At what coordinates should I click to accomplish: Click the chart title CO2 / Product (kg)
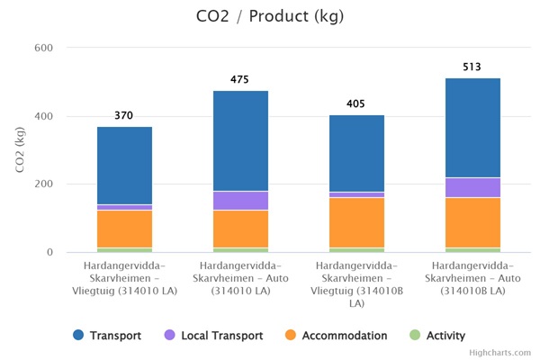click(x=269, y=17)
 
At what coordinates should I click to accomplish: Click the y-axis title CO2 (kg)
click(x=20, y=150)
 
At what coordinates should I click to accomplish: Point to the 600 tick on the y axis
click(x=42, y=48)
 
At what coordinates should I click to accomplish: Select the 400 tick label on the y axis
click(x=42, y=116)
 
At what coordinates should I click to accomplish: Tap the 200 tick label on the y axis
click(x=42, y=184)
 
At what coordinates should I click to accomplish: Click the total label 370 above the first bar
click(x=124, y=116)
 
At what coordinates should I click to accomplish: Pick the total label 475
click(x=240, y=80)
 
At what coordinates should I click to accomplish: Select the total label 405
click(x=356, y=104)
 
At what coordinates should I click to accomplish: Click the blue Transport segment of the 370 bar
click(x=124, y=166)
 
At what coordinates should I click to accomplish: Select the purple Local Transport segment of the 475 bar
click(x=240, y=201)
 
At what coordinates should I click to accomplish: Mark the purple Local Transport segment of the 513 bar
click(x=472, y=187)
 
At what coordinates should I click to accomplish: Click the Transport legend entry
click(x=107, y=336)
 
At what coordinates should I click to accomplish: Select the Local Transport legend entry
click(x=213, y=336)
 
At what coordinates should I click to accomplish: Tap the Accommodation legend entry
click(x=334, y=336)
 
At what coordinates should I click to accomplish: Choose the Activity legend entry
click(x=437, y=336)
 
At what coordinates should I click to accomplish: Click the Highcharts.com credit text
click(x=500, y=353)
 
